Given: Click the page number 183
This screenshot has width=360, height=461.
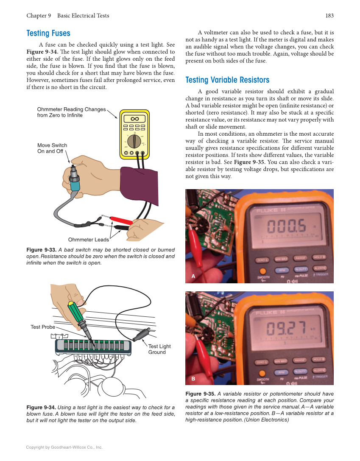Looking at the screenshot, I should click(329, 16).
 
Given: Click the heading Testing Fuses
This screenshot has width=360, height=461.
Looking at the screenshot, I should click(48, 33).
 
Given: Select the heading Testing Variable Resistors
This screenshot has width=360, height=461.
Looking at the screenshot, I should click(227, 80).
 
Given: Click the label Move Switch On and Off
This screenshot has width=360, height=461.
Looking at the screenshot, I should click(52, 148).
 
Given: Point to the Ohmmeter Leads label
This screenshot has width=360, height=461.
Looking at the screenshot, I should click(88, 240).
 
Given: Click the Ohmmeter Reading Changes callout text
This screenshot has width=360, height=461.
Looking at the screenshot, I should click(71, 112).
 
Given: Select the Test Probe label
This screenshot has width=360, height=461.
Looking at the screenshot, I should click(43, 327).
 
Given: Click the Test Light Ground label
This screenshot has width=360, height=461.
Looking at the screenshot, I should click(159, 349).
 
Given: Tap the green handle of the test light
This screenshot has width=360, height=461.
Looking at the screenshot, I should click(76, 314).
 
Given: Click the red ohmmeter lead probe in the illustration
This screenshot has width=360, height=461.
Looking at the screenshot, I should click(121, 220).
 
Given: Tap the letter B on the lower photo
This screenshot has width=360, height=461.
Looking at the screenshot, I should click(193, 378).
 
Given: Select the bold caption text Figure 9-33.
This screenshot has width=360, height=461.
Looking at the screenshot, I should click(41, 250).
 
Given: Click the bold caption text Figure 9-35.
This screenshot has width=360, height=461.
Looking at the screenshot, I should click(200, 394).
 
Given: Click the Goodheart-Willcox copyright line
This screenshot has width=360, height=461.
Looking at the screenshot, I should click(64, 447).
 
